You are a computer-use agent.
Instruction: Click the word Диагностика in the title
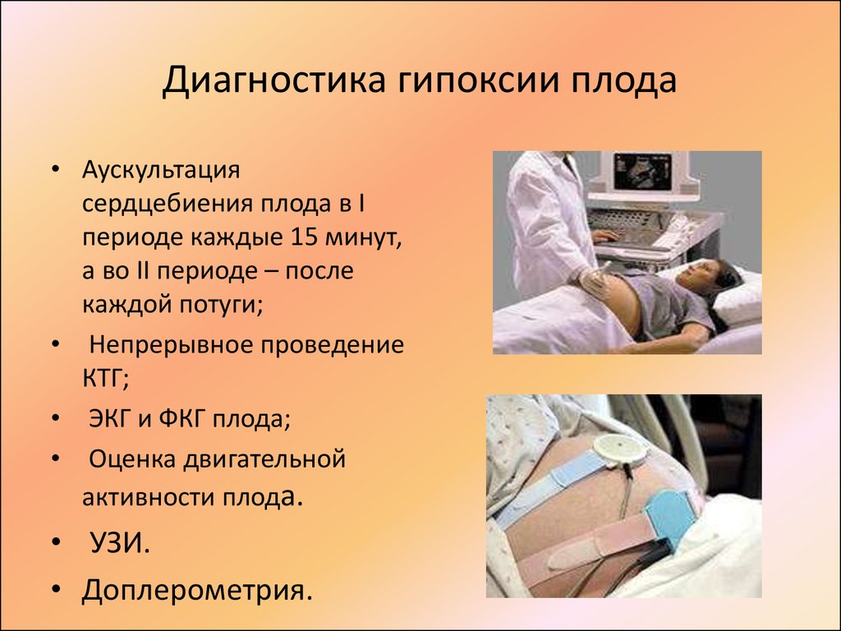coord(273,81)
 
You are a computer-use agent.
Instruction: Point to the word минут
coord(364,237)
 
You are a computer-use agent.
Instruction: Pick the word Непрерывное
coord(171,345)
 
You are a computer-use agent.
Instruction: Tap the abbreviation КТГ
coord(105,379)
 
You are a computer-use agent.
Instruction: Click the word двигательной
coord(264,460)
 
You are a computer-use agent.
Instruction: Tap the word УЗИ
coord(119,544)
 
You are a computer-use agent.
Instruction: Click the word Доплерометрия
coord(197,590)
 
